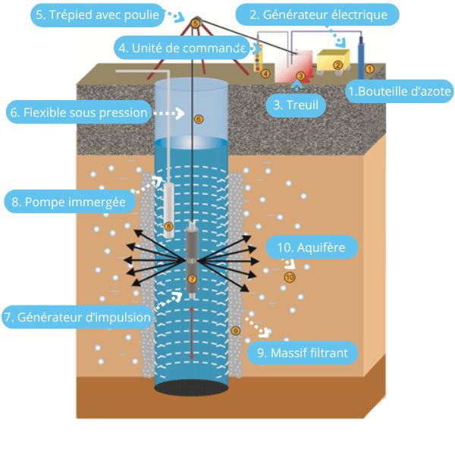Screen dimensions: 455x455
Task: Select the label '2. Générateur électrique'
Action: click(x=317, y=14)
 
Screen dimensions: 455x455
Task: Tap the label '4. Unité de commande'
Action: click(x=182, y=47)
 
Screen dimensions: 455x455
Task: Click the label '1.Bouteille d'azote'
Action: click(x=400, y=93)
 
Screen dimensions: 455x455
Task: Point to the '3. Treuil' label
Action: click(x=297, y=104)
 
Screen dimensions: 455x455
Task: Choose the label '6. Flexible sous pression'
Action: click(x=78, y=113)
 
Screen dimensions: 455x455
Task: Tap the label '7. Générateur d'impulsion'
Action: click(x=77, y=317)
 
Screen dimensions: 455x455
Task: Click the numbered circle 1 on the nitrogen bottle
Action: click(x=369, y=68)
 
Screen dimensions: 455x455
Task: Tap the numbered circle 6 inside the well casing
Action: click(x=199, y=119)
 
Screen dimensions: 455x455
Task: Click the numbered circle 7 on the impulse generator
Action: click(x=191, y=279)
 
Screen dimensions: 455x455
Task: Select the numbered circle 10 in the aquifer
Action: click(x=289, y=278)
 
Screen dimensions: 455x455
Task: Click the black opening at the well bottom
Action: click(x=192, y=386)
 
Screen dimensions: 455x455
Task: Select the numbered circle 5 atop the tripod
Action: click(x=196, y=24)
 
